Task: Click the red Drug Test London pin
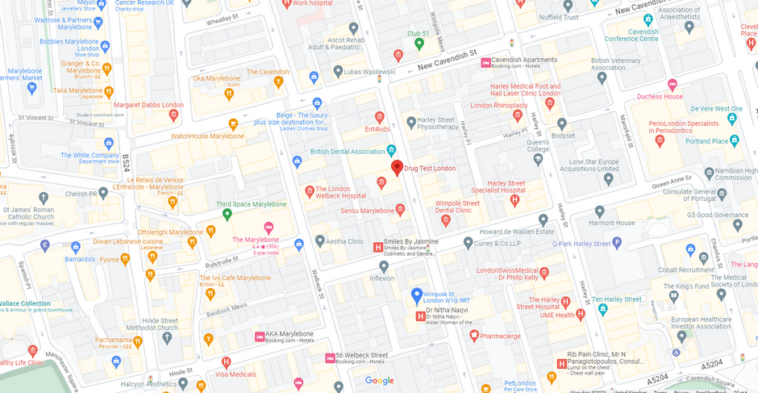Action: point(397,168)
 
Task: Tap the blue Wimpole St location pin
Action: point(417,295)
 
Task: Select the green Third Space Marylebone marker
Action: point(227,215)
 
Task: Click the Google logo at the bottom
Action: point(379,381)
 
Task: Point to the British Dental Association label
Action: point(348,151)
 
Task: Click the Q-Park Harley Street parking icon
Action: point(617,242)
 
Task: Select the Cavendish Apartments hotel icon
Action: point(485,62)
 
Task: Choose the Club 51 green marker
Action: point(419,44)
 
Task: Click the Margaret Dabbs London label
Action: point(148,105)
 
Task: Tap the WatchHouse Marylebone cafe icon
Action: point(233,124)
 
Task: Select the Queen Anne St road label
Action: point(671,179)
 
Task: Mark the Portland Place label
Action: point(706,141)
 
